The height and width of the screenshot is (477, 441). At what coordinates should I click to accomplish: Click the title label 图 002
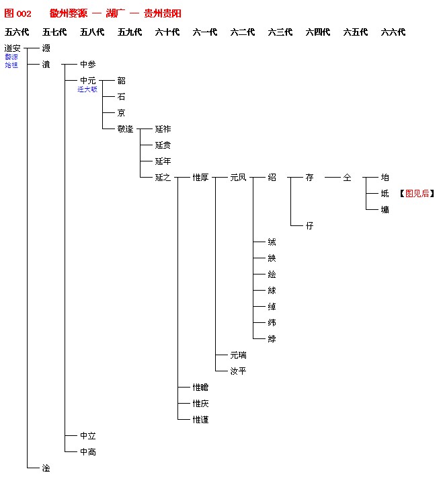coord(18,13)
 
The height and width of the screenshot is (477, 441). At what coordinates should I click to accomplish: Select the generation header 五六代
coord(17,32)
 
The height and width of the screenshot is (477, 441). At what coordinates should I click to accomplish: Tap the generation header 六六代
coord(393,32)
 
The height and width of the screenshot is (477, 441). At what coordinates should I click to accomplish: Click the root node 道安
coord(12,48)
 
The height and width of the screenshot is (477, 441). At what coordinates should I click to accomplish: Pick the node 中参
coord(87,65)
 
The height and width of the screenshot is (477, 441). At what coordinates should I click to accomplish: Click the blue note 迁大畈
coord(87,89)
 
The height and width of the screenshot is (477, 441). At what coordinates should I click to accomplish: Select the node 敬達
coord(125,129)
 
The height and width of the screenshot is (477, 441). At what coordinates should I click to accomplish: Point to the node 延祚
coord(163,129)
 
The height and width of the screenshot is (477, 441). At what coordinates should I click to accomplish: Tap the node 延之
coord(163,178)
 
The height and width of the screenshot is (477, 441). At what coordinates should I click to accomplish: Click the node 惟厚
coord(200,178)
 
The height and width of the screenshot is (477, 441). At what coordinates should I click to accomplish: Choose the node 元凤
coord(238,178)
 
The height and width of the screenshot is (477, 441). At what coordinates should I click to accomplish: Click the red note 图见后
coord(417,194)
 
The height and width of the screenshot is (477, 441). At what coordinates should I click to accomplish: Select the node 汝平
coord(238,371)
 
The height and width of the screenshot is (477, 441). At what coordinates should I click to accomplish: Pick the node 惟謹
coord(200,420)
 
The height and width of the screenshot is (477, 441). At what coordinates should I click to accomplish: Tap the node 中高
coord(87,452)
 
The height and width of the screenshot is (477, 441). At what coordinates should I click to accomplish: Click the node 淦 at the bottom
coord(46,468)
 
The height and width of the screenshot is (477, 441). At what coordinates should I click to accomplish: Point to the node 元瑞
coord(238,355)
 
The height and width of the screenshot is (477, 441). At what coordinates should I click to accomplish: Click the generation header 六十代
coord(167,32)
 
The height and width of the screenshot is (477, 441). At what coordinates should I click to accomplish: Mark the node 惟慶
coord(200,404)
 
